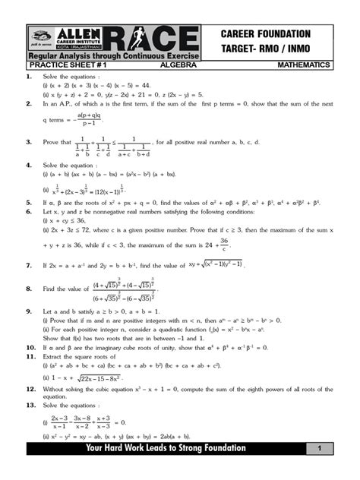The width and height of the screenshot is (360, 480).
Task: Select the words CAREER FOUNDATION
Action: (266, 33)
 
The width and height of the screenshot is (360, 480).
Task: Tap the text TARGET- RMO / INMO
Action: (266, 48)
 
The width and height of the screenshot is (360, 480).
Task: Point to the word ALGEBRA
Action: (179, 66)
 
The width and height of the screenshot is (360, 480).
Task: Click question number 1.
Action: (29, 77)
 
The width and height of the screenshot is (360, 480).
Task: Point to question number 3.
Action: (29, 141)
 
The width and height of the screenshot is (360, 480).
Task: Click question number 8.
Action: (29, 289)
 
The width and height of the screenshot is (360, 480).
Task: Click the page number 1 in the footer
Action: (320, 449)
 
